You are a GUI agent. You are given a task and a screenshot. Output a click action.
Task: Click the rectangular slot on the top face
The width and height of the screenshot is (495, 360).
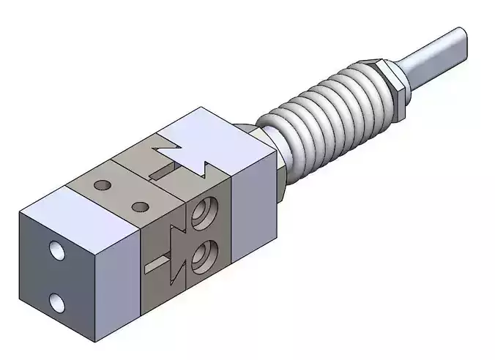[164, 173]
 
